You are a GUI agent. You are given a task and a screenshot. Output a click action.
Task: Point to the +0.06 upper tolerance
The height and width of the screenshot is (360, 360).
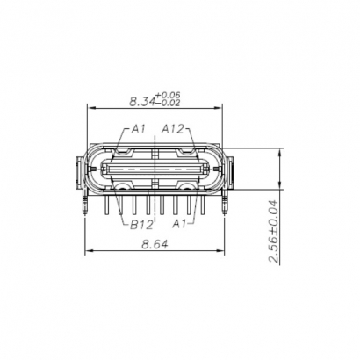coord(167,94)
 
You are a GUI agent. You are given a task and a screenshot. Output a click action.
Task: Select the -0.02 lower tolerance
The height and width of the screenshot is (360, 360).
coord(167,103)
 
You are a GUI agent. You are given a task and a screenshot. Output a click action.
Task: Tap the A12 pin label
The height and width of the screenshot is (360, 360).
coord(173,129)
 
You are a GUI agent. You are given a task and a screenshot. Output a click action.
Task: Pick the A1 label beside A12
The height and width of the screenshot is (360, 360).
coord(138,129)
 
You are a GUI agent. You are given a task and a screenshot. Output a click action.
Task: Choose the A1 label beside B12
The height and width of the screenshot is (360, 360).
coord(180,225)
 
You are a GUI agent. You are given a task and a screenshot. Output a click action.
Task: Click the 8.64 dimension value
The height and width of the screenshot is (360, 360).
coord(155,247)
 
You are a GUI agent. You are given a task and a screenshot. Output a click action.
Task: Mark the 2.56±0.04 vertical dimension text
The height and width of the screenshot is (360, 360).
coord(273,232)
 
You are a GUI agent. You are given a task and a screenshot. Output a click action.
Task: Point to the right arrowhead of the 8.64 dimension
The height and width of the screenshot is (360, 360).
coord(226,255)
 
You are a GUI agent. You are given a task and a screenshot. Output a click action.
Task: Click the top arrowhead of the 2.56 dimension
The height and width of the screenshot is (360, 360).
coord(279,150)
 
